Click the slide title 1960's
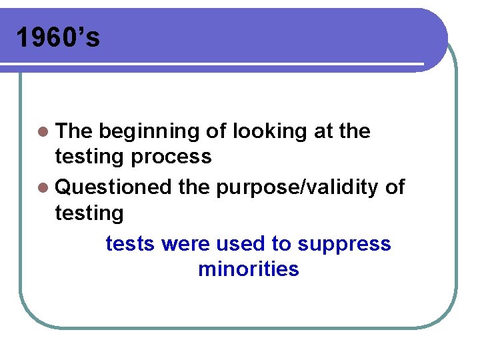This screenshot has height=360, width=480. (x=58, y=38)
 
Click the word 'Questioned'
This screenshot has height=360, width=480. (x=114, y=187)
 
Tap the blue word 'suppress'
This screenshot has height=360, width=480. (x=344, y=245)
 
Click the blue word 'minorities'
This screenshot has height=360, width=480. (x=249, y=269)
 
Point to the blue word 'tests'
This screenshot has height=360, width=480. (x=131, y=244)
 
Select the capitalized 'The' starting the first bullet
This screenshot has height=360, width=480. (x=74, y=131)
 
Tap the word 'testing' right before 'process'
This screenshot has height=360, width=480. (x=89, y=157)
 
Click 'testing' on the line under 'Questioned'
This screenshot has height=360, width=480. (x=89, y=213)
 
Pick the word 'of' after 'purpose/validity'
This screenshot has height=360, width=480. (x=395, y=187)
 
